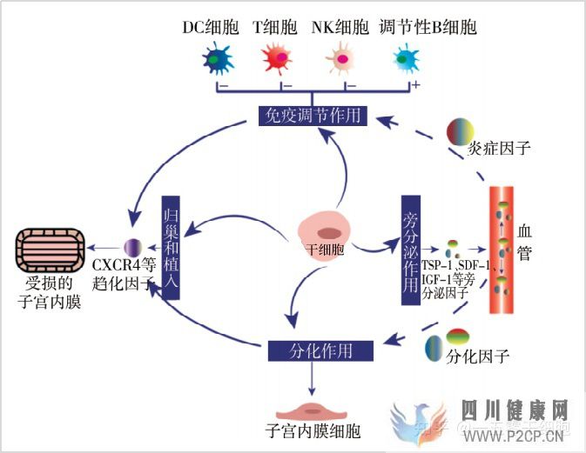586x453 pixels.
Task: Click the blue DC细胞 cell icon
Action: [216, 60]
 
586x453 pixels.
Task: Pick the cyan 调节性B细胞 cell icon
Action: [406, 60]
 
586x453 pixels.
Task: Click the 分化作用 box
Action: [320, 350]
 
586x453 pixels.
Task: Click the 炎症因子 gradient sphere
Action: [461, 132]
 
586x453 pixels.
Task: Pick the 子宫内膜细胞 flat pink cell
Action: [312, 409]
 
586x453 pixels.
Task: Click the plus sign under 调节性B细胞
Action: [415, 85]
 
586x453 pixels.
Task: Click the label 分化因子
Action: [477, 356]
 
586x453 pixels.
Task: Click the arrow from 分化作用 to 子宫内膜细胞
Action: [311, 376]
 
